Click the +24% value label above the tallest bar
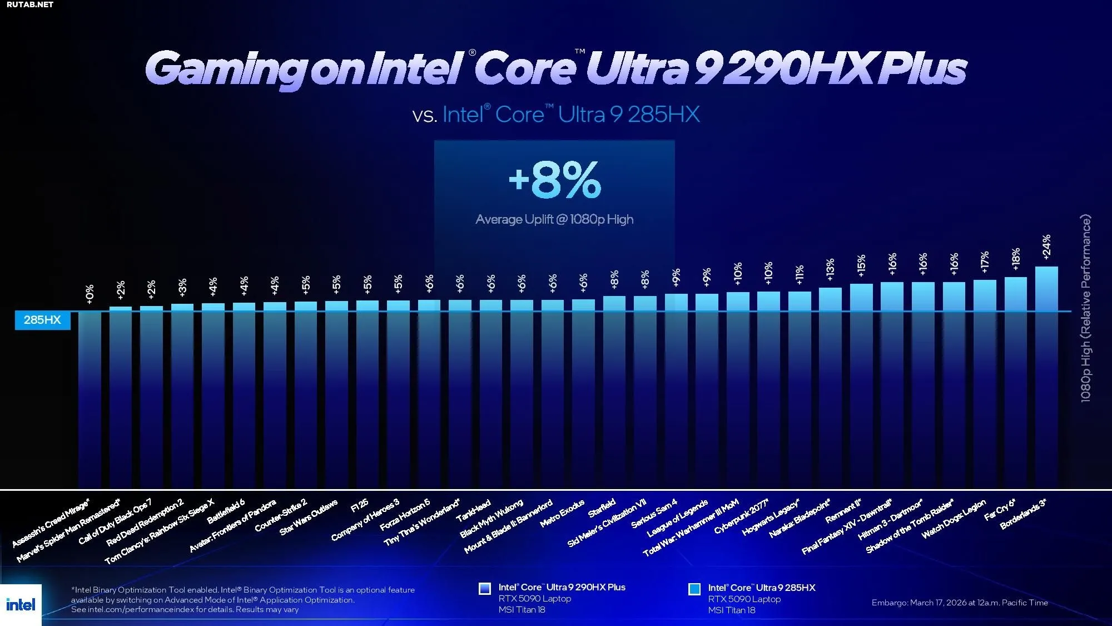pos(1046,247)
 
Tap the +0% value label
pos(90,294)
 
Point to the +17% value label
pos(985,262)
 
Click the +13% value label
pos(830,269)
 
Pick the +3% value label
pos(182,287)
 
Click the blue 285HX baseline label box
pos(42,320)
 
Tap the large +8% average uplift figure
pos(555,180)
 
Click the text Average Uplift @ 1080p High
pos(554,219)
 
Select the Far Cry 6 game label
pos(1000,509)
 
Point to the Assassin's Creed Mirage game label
pos(51,524)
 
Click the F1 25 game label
pos(359,506)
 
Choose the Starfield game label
pos(602,507)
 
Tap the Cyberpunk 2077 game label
pos(741,516)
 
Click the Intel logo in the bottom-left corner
pos(21,604)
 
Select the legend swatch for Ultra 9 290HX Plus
pos(485,588)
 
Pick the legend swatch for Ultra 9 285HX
pos(694,589)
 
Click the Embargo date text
pos(959,603)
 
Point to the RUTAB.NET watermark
pos(30,4)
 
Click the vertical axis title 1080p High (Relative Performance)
pos(1085,308)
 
